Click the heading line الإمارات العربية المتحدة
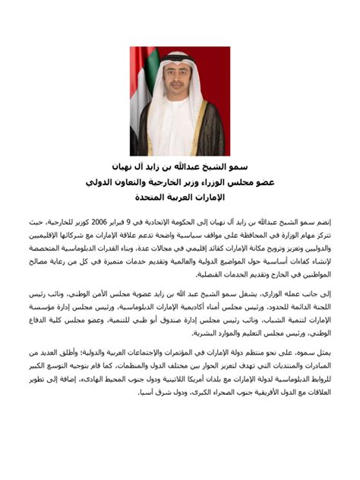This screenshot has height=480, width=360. pos(179,197)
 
